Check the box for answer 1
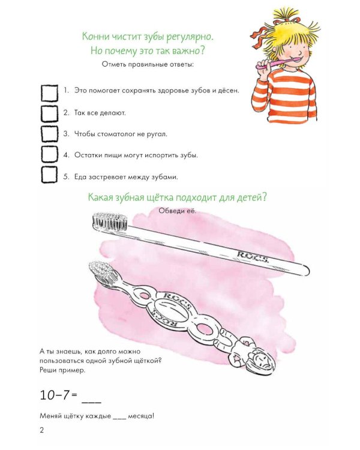49,92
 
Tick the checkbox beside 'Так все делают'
49,114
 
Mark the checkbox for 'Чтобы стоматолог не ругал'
49,134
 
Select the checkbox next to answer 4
49,154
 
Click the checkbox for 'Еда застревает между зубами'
49,175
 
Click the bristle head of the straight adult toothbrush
109,221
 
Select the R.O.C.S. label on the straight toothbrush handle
253,257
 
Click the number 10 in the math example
47,395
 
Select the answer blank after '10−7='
92,402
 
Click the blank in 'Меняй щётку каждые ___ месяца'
119,419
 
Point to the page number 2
42,430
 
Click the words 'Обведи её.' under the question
178,211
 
